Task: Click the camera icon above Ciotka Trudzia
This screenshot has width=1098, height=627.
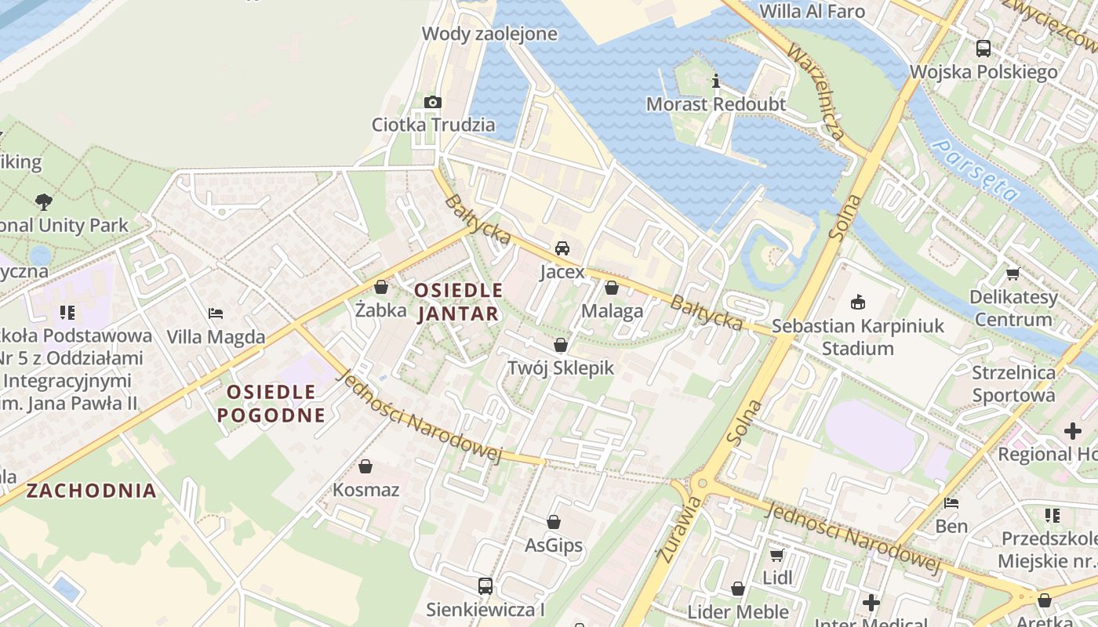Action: (x=432, y=102)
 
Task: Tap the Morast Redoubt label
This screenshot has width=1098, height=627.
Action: (x=715, y=104)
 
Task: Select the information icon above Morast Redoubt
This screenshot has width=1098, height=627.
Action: (x=715, y=81)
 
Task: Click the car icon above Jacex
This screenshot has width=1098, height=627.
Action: (x=562, y=248)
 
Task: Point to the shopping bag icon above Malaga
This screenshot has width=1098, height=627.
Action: (x=612, y=288)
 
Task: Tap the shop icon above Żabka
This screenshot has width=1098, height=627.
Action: (x=381, y=287)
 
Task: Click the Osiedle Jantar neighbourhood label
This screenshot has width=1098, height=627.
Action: (x=458, y=302)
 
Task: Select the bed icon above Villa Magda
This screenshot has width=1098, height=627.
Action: (x=216, y=313)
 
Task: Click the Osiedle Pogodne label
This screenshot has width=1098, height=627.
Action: (x=271, y=403)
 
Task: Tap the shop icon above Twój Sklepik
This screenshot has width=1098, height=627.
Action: (x=560, y=345)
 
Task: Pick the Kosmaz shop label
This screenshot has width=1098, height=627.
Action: (x=366, y=490)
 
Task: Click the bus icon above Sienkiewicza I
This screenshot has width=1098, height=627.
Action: (x=485, y=585)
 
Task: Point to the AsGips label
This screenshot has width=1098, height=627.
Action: (x=554, y=545)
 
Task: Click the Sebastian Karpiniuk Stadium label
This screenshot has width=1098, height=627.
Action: (x=858, y=337)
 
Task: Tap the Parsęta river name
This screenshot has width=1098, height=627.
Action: (x=977, y=170)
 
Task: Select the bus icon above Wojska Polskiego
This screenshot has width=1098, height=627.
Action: (x=983, y=49)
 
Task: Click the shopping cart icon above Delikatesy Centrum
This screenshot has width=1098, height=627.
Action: (x=1013, y=274)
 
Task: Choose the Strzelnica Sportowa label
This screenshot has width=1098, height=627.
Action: (x=1013, y=383)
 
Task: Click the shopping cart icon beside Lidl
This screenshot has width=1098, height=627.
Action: (x=776, y=555)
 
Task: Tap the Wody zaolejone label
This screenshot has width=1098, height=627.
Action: (x=489, y=34)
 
